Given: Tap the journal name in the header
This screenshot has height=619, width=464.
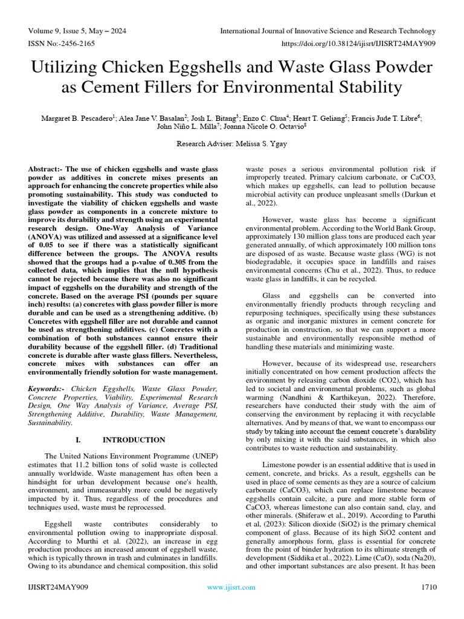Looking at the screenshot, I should [327, 31].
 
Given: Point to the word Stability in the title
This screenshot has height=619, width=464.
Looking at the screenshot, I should [361, 88].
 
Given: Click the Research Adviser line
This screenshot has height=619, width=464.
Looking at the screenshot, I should [231, 144].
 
